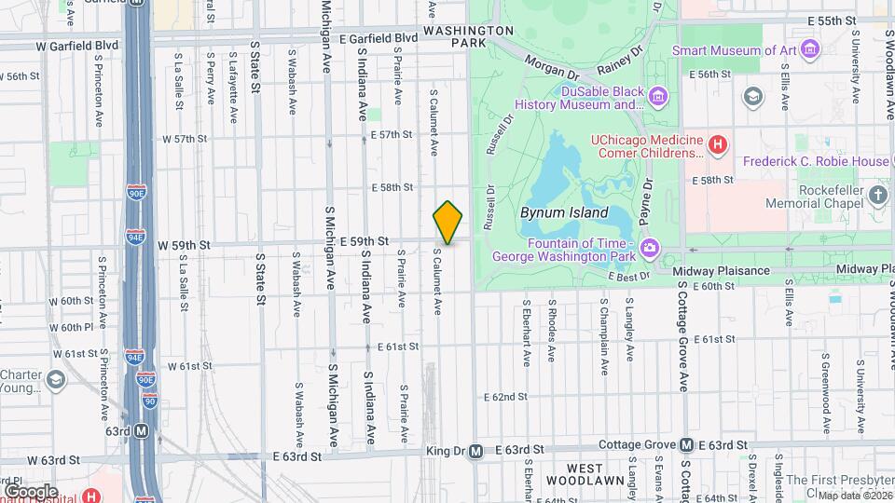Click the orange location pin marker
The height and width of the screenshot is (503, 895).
coord(447,223)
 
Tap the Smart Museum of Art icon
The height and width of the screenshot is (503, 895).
coord(809,48)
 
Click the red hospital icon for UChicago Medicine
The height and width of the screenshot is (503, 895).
coord(717,144)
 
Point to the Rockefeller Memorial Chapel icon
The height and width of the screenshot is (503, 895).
coord(878,195)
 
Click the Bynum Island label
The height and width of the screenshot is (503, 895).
coord(563,212)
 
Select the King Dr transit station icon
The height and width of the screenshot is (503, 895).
coord(475,451)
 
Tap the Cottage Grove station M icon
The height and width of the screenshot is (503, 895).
coord(686,445)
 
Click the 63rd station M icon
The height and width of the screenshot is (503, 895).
coord(141,431)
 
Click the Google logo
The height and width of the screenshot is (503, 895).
coord(31,491)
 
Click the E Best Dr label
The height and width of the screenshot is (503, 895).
coord(628,276)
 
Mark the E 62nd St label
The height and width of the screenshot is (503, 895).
coord(506,397)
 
